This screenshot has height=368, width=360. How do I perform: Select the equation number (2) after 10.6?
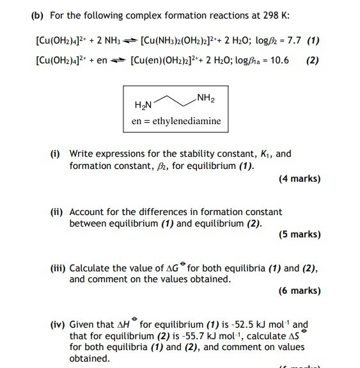click(312, 61)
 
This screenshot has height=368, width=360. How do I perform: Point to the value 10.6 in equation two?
click(279, 61)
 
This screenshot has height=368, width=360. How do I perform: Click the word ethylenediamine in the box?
click(185, 121)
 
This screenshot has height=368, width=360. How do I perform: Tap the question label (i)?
click(56, 154)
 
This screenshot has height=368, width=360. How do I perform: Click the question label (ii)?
click(56, 212)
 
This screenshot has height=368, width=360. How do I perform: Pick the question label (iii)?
click(58, 269)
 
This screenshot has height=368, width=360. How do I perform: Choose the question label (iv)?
click(58, 325)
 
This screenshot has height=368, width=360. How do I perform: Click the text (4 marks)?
click(299, 179)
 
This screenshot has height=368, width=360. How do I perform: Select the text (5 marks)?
click(299, 234)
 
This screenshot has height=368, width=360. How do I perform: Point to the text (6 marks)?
click(299, 291)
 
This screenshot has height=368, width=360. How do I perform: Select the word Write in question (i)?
click(81, 154)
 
